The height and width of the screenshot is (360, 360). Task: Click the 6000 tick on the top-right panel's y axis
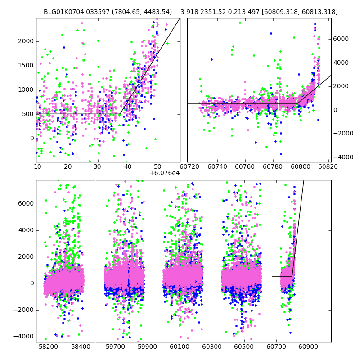pyautogui.click(x=340, y=39)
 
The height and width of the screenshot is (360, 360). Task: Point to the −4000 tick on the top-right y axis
pyautogui.click(x=342, y=157)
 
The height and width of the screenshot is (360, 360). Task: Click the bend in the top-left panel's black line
pyautogui.click(x=120, y=114)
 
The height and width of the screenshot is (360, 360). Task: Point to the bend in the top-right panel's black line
pyautogui.click(x=297, y=104)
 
